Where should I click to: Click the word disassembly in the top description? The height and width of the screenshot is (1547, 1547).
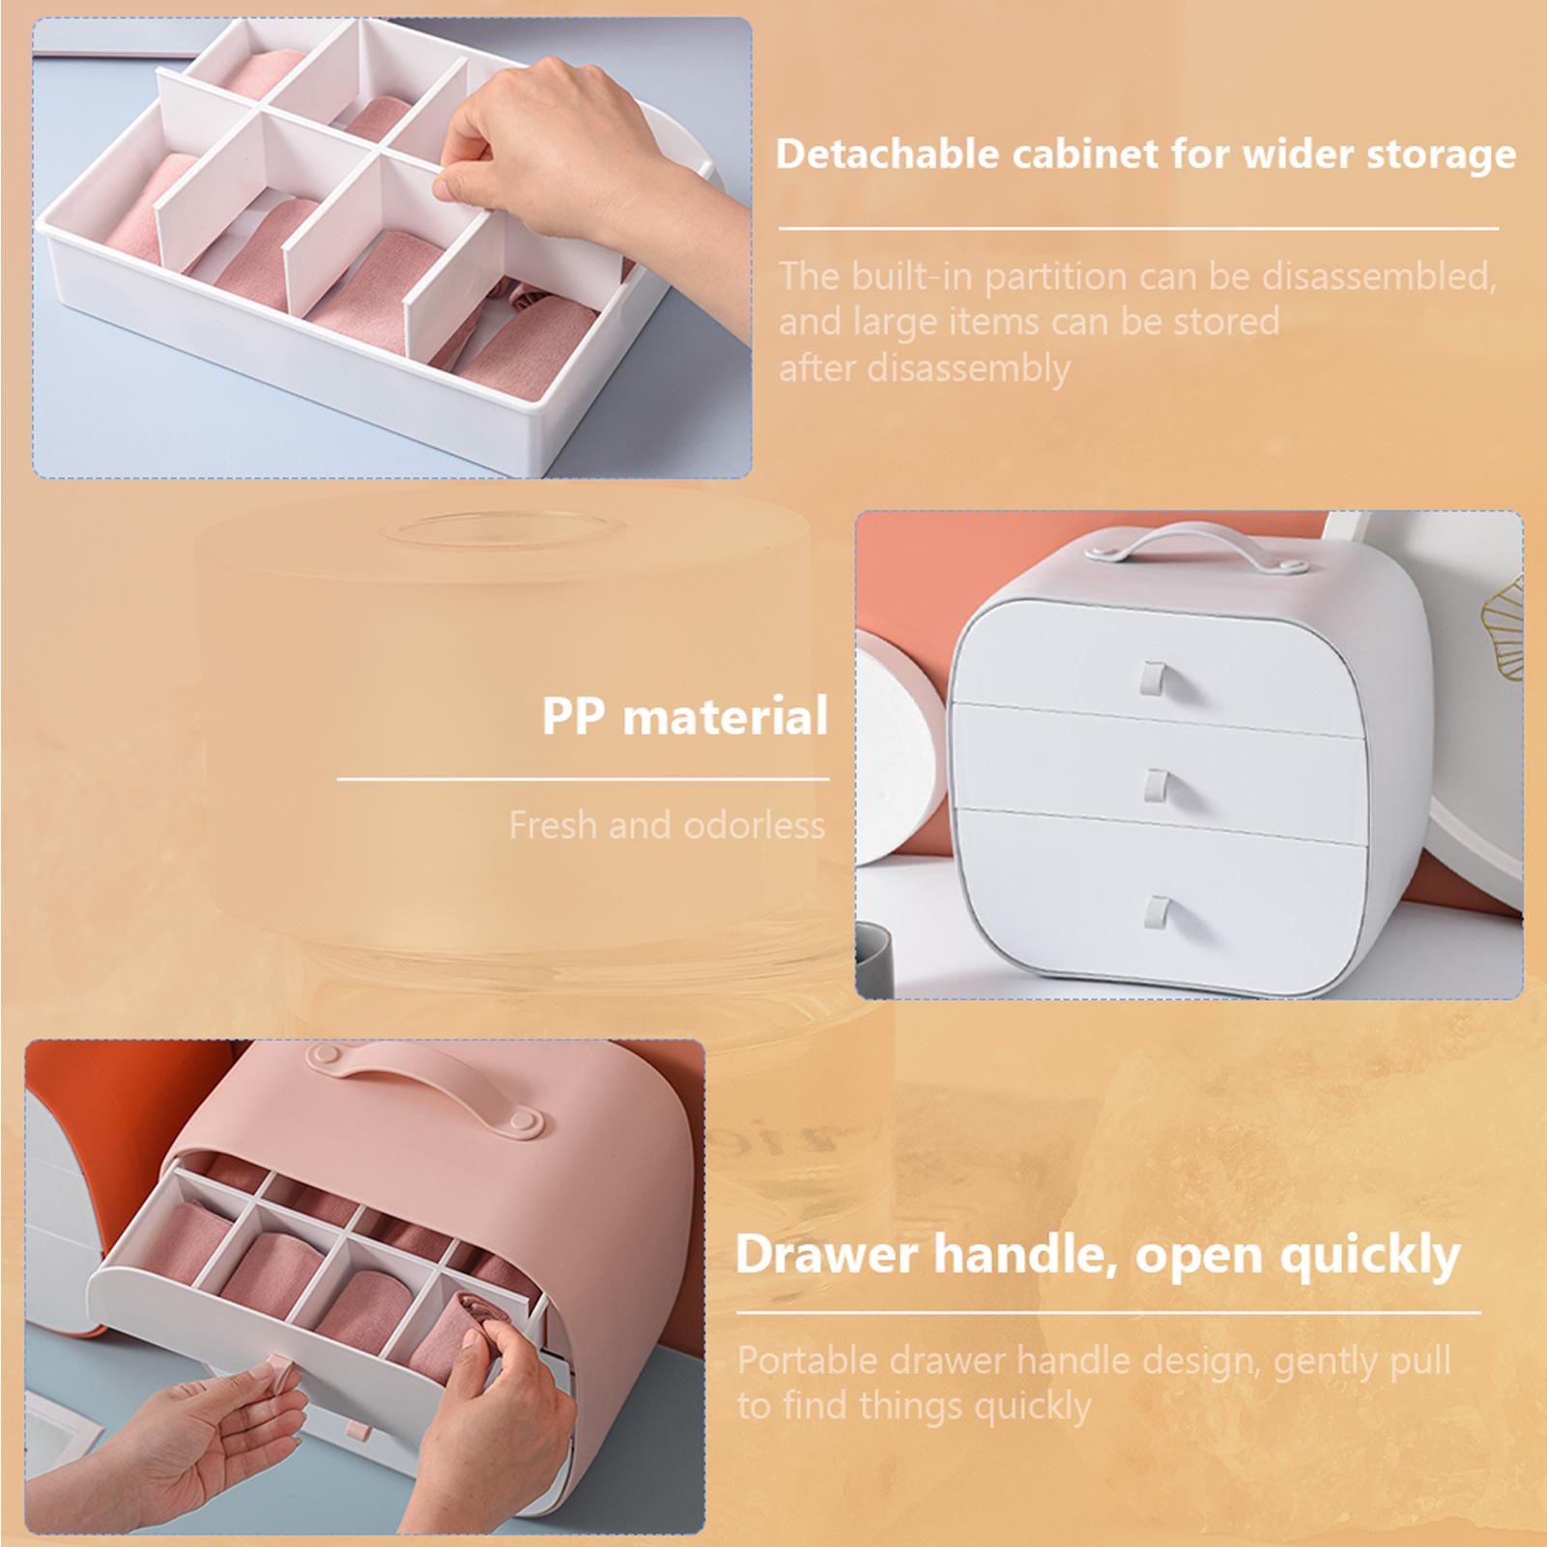pos(969,368)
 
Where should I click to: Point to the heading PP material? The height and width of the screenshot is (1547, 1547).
pos(685,717)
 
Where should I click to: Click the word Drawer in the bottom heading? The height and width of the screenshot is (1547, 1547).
pos(828,1255)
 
